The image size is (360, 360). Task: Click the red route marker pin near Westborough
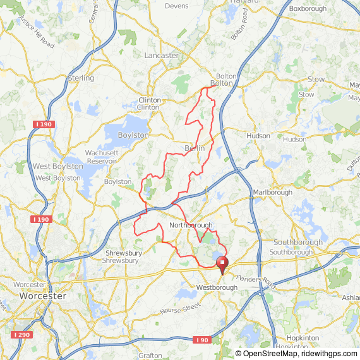[x=222, y=265]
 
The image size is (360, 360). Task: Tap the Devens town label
[x=176, y=6]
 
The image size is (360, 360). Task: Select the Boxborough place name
[x=308, y=9]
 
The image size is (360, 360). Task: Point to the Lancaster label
[x=162, y=56]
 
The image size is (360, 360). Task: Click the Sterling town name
[x=81, y=78]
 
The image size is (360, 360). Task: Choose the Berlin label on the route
[x=195, y=148]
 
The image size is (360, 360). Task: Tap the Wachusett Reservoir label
[x=102, y=157]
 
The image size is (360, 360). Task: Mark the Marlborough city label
[x=272, y=192]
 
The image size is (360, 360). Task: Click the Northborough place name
[x=191, y=225]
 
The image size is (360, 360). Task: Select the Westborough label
[x=217, y=287]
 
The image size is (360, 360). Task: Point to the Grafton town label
[x=150, y=356]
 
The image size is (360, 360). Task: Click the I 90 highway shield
[x=201, y=340]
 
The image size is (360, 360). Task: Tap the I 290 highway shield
[x=21, y=334]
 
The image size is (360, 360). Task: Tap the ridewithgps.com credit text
[x=328, y=354]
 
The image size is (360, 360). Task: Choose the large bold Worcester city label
[x=43, y=296]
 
